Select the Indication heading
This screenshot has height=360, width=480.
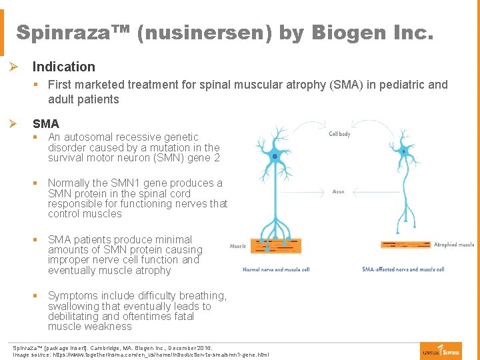64,67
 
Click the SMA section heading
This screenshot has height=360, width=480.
46,123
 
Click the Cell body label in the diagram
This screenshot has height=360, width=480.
339,134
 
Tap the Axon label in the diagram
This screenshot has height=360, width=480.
338,191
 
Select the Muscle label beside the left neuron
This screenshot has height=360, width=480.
238,246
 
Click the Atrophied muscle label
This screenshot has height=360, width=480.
454,245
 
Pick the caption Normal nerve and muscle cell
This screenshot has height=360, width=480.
276,269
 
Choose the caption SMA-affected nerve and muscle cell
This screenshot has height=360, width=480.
403,269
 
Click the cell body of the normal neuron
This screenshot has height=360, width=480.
275,155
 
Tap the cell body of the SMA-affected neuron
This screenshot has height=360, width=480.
404,152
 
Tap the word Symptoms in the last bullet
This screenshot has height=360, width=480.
74,296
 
